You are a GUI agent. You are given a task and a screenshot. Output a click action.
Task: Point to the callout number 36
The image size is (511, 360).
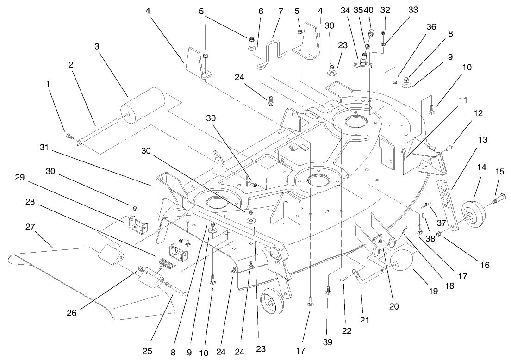tap(432, 27)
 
